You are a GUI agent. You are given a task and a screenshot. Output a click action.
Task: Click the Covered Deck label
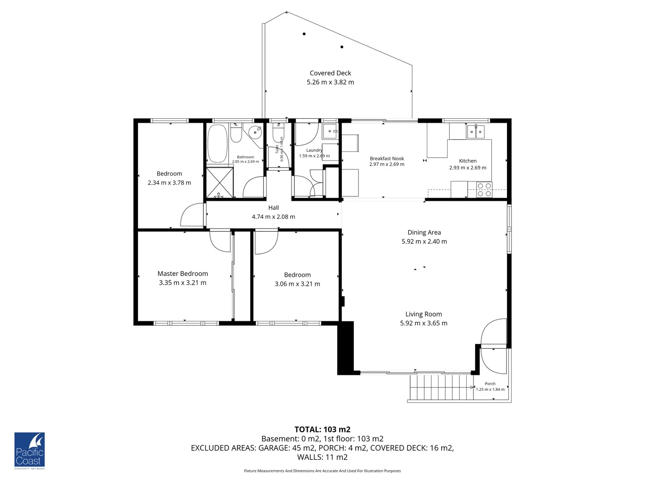coord(330,73)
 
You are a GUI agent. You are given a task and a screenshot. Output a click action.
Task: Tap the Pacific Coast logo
coord(30,450)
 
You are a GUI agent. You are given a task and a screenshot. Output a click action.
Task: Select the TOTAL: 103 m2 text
coord(322,429)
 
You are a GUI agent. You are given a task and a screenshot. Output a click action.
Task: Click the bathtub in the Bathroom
coord(217,143)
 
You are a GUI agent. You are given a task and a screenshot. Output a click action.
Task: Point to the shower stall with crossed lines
coord(219,182)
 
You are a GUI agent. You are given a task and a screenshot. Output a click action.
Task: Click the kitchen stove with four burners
coord(484,190)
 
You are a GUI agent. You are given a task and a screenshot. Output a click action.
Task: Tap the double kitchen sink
coord(475,132)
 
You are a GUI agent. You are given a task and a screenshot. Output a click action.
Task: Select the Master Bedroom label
coord(182,273)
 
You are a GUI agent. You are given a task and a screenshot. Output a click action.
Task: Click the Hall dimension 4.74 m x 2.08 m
coord(273,217)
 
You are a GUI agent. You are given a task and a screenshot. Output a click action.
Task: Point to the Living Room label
coord(423,314)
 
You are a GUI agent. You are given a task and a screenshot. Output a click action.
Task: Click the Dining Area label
coord(424,232)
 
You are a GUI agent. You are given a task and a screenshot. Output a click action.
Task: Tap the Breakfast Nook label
coord(387,158)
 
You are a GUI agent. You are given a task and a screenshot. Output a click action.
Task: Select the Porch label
coord(490,384)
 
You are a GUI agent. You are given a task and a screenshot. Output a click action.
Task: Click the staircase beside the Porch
coord(441,388)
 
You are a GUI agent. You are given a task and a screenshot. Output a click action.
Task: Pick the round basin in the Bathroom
coord(255,132)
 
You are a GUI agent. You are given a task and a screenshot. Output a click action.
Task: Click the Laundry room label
coord(314,150)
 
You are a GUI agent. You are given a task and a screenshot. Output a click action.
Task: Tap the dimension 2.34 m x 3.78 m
coord(169,183)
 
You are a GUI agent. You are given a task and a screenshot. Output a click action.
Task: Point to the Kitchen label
coord(468,160)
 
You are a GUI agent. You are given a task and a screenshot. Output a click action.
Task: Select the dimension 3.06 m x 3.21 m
coord(297,284)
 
